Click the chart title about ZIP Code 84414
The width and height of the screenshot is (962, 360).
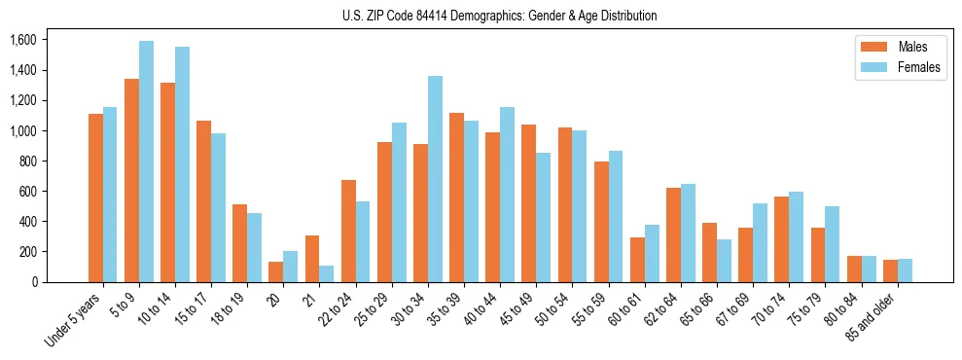click(x=499, y=17)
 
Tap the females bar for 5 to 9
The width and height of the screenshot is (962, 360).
click(x=146, y=162)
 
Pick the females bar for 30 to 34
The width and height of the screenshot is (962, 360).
click(x=435, y=179)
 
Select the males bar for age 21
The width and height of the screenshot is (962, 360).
click(x=312, y=259)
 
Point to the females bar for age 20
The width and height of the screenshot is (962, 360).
click(x=291, y=267)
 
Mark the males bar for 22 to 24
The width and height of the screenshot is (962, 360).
click(x=348, y=231)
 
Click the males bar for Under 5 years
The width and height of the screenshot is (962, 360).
click(x=95, y=198)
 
